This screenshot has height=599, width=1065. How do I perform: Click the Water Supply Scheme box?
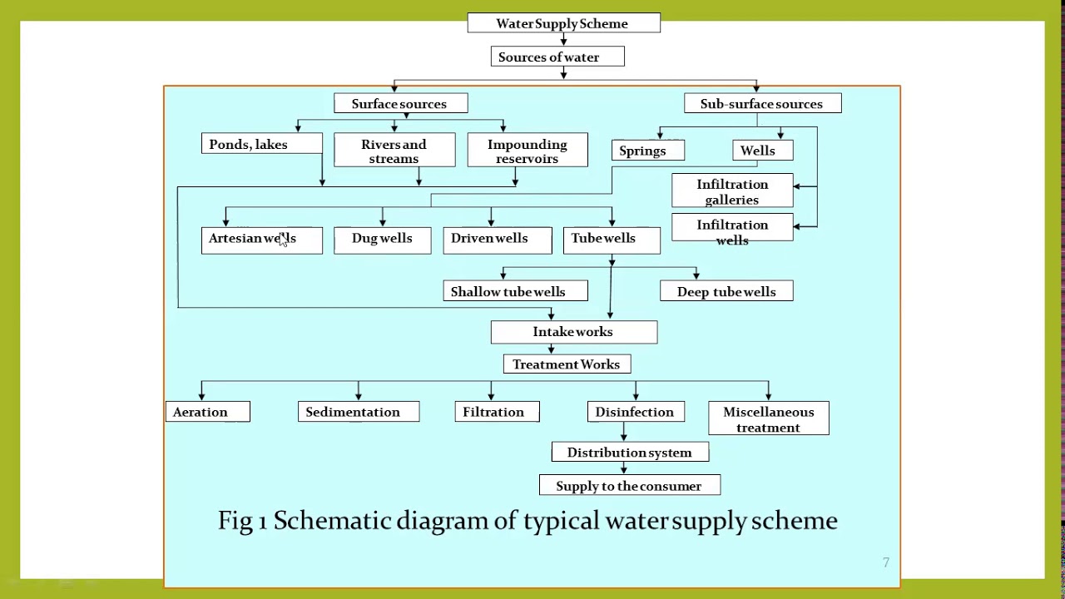(563, 23)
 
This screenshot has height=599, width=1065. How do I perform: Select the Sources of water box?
(557, 57)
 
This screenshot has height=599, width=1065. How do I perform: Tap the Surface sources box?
(400, 104)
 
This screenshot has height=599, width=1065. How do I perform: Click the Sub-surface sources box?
(762, 104)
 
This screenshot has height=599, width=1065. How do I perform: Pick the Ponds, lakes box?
(261, 145)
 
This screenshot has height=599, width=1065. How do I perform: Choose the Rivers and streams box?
(394, 151)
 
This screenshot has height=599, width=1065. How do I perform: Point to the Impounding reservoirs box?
(527, 151)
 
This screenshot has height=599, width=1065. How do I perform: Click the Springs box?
(647, 151)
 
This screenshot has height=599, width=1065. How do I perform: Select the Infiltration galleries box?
(732, 191)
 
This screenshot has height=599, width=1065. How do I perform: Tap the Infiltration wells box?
(732, 231)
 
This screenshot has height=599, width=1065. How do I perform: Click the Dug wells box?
(382, 239)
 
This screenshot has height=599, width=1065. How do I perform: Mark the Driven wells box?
(497, 239)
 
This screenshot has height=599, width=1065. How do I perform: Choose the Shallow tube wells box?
(515, 291)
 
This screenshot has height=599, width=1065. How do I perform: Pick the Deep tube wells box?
(726, 291)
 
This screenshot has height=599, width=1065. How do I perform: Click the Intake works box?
(573, 332)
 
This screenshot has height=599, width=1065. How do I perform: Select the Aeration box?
(207, 412)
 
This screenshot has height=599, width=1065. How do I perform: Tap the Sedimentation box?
(359, 412)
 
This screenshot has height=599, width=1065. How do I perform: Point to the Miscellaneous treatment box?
(768, 418)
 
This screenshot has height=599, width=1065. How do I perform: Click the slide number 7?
(886, 563)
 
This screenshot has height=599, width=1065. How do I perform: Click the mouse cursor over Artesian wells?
(283, 240)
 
